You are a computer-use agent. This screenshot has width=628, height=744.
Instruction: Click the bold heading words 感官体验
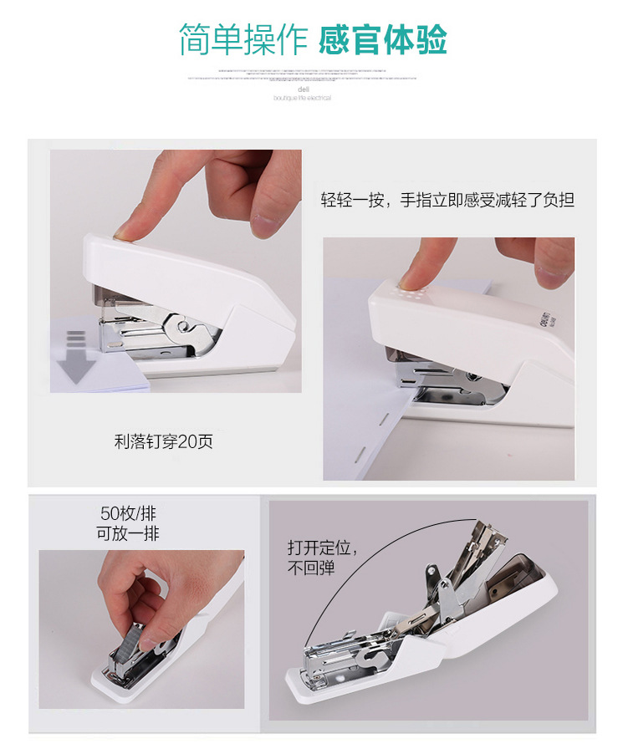[x=383, y=39]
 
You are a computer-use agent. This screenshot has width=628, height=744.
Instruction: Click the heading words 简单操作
[x=243, y=39]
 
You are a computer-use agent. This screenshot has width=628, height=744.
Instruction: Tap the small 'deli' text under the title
[x=303, y=89]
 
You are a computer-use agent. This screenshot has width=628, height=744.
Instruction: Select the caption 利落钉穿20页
[x=164, y=441]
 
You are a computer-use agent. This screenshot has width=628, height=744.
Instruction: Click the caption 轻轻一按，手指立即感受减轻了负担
[x=448, y=200]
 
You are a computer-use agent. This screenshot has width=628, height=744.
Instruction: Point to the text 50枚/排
[x=128, y=513]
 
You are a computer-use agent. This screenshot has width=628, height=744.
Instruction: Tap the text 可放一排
[x=128, y=533]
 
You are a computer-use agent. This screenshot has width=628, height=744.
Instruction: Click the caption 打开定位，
[x=324, y=548]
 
